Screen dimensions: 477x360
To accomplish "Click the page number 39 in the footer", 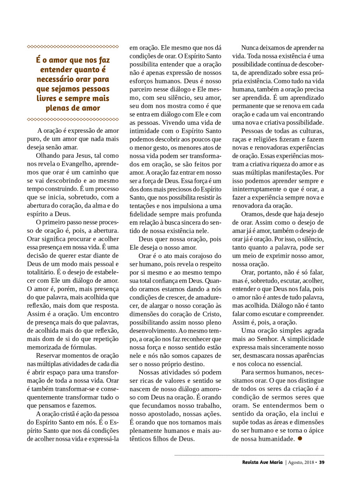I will (322, 462).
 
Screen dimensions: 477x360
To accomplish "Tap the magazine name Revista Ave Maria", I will (263, 462).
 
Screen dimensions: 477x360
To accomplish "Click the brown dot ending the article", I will (300, 439).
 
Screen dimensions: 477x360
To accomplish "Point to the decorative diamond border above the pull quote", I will (73, 47).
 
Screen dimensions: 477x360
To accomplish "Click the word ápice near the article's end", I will (316, 430).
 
